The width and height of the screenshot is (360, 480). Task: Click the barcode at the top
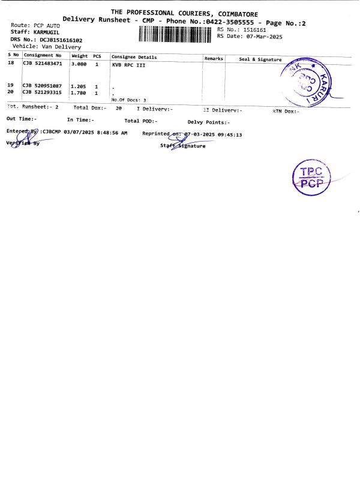tap(176, 35)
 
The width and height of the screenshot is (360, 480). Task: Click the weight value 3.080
tap(79, 63)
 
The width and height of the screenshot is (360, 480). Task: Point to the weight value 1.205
tap(79, 86)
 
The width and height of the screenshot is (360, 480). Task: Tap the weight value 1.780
tap(79, 92)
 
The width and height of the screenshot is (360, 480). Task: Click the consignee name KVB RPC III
tap(128, 65)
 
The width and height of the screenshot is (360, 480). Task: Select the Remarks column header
tap(214, 58)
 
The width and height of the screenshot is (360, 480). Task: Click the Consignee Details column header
tap(134, 57)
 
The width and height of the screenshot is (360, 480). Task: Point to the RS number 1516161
tap(254, 29)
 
